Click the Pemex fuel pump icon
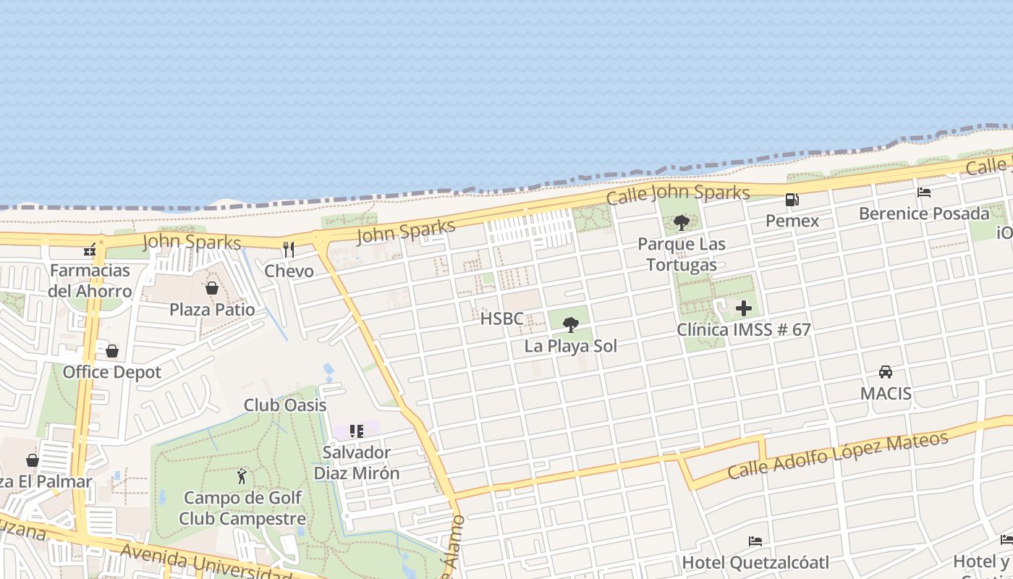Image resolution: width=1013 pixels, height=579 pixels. tap(792, 200)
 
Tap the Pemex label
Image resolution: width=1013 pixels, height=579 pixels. tap(792, 221)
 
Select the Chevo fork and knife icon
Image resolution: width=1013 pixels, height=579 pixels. tap(289, 250)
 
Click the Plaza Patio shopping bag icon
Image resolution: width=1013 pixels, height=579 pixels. tap(212, 288)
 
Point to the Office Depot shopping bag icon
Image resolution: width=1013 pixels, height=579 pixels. tap(112, 351)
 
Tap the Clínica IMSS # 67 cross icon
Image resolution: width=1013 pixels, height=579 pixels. tap(744, 309)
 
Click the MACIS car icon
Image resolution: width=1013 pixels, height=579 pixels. tap(886, 372)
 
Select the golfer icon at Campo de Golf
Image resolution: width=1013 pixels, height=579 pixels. tap(242, 476)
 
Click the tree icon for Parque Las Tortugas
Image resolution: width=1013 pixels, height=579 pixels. tap(681, 222)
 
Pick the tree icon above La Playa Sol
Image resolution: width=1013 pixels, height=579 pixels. tap(571, 324)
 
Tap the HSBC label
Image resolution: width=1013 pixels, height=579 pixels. tap(501, 318)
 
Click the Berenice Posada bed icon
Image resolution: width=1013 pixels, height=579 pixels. tap(924, 193)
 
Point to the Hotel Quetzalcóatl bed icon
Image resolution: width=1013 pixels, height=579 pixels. tap(755, 541)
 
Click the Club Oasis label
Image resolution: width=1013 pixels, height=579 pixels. tap(285, 405)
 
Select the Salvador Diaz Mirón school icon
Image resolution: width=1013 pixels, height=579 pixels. tap(356, 431)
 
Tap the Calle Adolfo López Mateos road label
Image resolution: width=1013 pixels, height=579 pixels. tap(838, 456)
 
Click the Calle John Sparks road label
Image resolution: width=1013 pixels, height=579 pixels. tap(678, 194)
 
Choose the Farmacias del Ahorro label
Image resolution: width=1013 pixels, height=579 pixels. tap(90, 281)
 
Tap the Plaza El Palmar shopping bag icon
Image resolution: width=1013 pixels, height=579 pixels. tap(33, 460)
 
